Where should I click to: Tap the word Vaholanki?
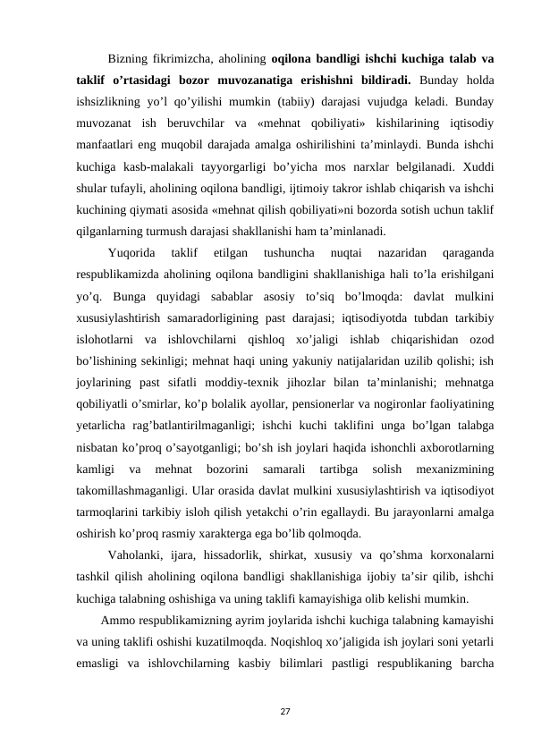[133, 557]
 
